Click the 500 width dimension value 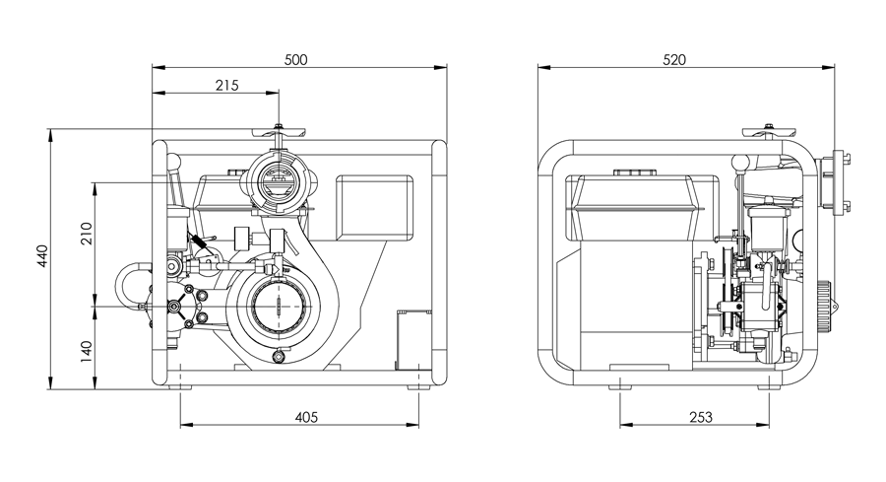coord(296,59)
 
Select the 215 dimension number coord(227,86)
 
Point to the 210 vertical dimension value coord(86,234)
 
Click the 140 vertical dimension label coord(86,351)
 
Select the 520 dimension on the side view coord(674,59)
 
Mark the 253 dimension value coord(700,417)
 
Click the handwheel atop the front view coord(279,130)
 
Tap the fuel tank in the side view coord(629,202)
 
